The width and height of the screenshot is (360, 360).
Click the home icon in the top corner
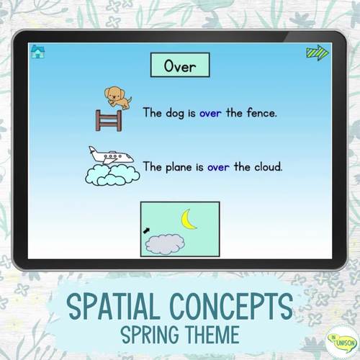pos(37,51)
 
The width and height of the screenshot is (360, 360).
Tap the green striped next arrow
pos(317,53)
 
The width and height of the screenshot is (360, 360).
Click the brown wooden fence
pos(107,117)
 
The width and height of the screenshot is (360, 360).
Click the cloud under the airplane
pos(112,175)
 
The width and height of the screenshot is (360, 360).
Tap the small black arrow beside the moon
pos(147,230)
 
